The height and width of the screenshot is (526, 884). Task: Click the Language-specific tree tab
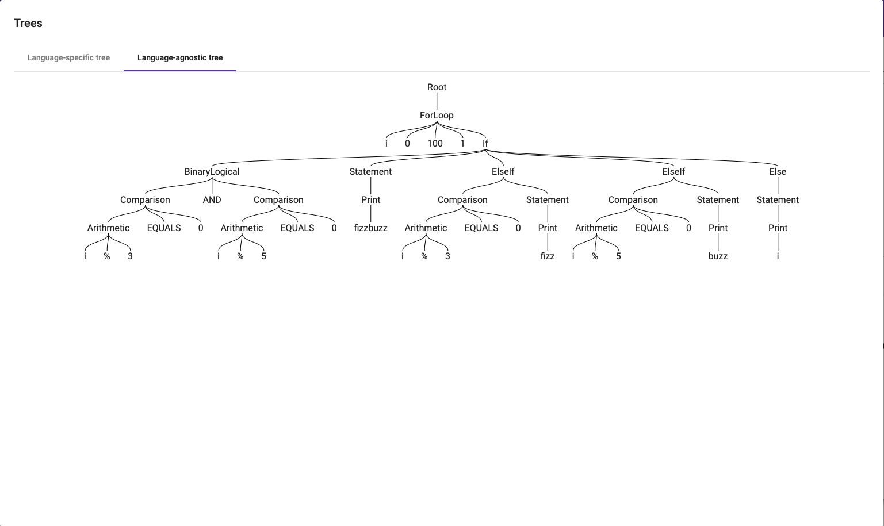68,57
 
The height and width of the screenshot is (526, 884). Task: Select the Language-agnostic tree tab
180,57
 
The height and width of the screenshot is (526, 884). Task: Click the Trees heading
28,23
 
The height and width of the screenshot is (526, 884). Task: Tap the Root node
437,87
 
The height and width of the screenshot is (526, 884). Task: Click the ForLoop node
437,116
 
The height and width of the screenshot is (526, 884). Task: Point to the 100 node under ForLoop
435,144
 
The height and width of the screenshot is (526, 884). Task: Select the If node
485,144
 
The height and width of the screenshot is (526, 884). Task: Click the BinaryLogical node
212,172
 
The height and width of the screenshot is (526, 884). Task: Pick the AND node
212,200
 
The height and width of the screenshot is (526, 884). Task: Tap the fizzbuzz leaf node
370,228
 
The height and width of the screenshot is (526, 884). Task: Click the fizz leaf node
548,256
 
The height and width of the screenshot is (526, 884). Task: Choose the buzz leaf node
718,256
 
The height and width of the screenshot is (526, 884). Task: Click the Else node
778,172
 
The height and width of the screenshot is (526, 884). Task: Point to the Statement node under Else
778,200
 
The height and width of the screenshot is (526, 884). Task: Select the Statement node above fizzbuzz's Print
370,172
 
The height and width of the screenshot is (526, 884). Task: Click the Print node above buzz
718,228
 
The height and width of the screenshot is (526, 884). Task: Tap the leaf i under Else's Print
778,256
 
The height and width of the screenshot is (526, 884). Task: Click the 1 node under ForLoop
462,144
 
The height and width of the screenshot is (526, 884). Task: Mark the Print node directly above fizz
548,228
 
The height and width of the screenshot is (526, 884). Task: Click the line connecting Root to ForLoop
437,101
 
